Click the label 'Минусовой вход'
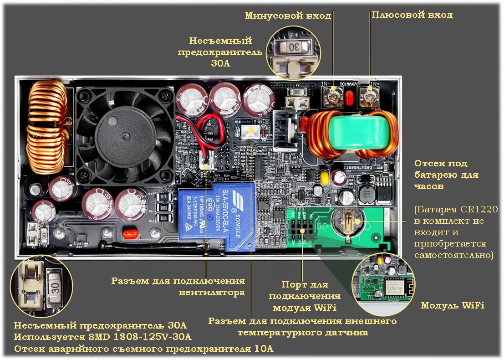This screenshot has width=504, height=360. point(288,15)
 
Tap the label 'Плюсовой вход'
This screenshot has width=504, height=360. point(412,15)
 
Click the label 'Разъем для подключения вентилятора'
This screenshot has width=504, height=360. point(178,287)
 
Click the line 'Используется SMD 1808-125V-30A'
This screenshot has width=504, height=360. point(102,337)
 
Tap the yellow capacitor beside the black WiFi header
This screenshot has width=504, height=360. point(325,176)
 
